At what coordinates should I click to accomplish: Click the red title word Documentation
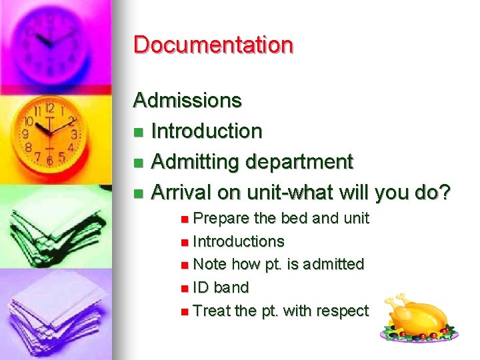click(x=213, y=45)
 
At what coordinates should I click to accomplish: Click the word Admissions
click(x=187, y=101)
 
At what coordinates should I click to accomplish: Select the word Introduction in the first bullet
click(x=207, y=131)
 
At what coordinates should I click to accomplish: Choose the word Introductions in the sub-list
click(x=239, y=241)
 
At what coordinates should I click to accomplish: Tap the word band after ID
click(x=231, y=287)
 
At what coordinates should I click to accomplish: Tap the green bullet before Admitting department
click(x=138, y=163)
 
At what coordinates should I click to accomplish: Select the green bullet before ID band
click(x=184, y=288)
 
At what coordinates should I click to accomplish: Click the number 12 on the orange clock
click(x=49, y=109)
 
